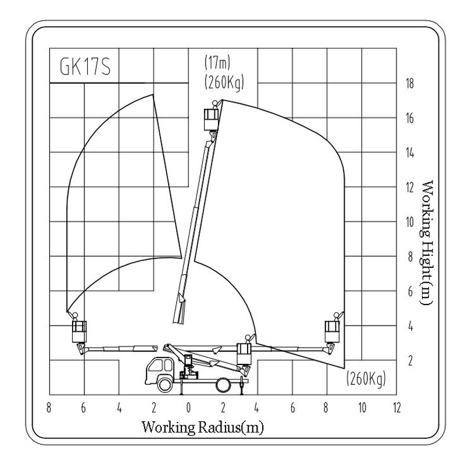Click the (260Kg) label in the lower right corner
point(366,381)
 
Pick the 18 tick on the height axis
point(409,83)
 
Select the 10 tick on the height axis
point(409,222)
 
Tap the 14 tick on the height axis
point(409,153)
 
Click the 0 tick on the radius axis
point(188,407)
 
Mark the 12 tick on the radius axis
point(397,407)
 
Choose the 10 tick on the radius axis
point(362,407)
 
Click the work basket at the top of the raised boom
point(211,120)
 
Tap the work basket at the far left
point(79,331)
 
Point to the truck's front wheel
point(163,383)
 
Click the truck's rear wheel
point(223,384)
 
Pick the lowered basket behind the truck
point(244,353)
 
